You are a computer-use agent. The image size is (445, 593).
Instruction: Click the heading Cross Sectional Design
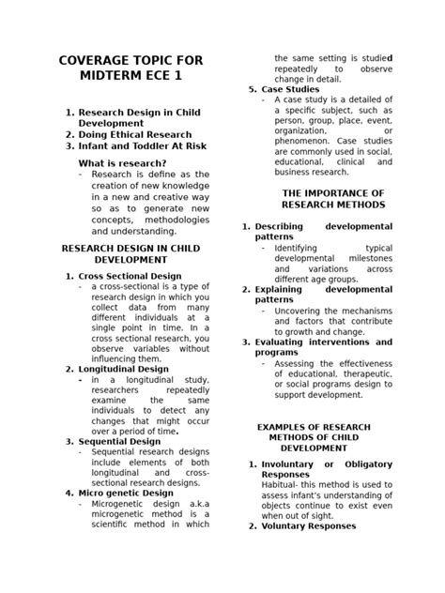pos(130,276)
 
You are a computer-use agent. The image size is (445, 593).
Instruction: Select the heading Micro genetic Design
pos(126,493)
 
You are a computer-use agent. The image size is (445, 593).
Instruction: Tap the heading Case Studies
pos(290,89)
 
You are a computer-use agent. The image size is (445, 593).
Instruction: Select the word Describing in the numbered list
pos(280,226)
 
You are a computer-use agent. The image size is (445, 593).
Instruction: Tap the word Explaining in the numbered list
pos(280,289)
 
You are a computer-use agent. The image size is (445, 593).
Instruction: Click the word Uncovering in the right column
pos(303,311)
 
